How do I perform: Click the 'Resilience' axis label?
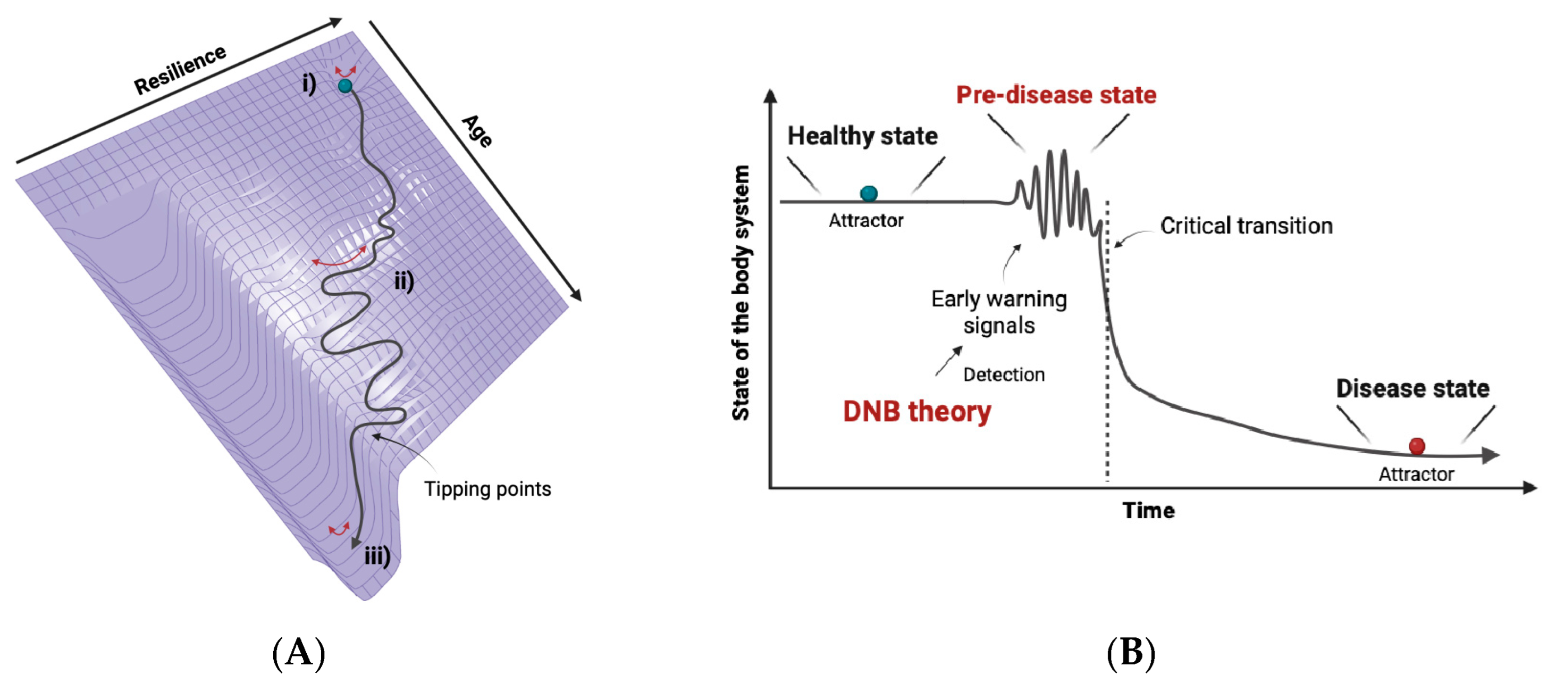click(180, 70)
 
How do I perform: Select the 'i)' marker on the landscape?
click(309, 84)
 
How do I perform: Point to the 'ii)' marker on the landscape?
click(404, 281)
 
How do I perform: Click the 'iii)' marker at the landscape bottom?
click(377, 556)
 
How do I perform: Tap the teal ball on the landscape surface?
click(345, 86)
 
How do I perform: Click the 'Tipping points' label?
click(487, 489)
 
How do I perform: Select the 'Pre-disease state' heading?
click(1056, 95)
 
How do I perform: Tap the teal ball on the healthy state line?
click(868, 193)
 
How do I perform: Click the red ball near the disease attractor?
click(1416, 446)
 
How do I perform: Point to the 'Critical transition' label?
click(1246, 226)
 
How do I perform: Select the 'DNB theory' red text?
click(917, 412)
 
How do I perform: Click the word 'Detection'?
click(1004, 375)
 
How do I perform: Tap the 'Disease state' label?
click(1412, 388)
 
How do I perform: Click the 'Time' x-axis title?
click(1148, 511)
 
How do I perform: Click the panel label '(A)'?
click(299, 653)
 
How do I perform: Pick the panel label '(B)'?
click(1130, 653)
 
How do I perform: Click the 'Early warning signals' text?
click(999, 312)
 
